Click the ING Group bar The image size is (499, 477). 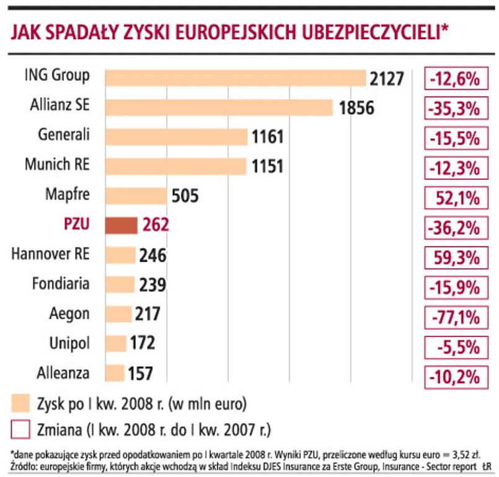[x=236, y=77]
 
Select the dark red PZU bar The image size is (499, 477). [x=121, y=225]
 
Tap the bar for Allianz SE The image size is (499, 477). [x=219, y=107]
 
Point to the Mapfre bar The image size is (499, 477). [x=136, y=196]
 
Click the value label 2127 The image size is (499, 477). [x=387, y=79]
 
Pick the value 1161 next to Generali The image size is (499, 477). [x=268, y=137]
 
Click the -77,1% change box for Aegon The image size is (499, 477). [x=453, y=318]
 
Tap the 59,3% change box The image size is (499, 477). [x=453, y=258]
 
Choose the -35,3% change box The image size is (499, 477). [x=453, y=108]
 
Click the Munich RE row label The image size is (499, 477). [x=57, y=165]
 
